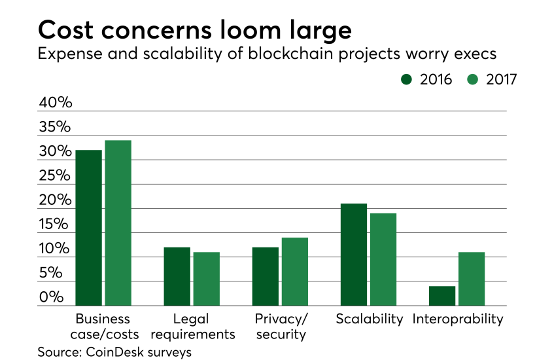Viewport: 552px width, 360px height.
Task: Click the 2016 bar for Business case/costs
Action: [88, 228]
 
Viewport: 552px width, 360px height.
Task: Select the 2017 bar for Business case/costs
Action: [118, 223]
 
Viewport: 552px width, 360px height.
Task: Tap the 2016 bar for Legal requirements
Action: [177, 276]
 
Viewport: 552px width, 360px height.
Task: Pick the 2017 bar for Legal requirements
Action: [206, 279]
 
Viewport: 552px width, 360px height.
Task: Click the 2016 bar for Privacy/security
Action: [266, 276]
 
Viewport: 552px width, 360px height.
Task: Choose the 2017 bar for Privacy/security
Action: [294, 272]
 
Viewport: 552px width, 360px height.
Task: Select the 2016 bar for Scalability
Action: [354, 255]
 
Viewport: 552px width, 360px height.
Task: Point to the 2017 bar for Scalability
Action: [383, 259]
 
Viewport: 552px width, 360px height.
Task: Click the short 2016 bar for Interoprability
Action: [442, 296]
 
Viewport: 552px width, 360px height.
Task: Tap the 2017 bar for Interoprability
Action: [472, 279]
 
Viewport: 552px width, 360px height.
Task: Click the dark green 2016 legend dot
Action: [406, 80]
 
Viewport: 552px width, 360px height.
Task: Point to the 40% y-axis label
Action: [54, 103]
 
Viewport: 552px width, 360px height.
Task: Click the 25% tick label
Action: [54, 176]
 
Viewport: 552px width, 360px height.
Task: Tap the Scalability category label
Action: [370, 319]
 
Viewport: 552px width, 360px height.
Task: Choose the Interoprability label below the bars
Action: [458, 319]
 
